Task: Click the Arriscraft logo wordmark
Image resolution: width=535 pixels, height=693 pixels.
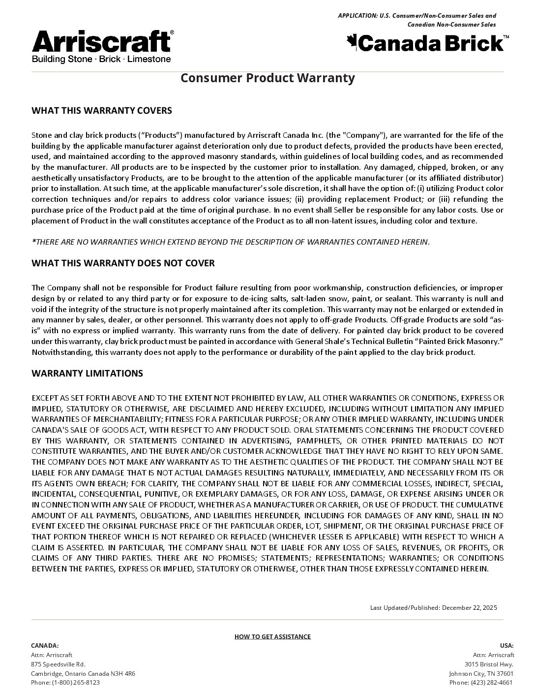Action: tap(102, 41)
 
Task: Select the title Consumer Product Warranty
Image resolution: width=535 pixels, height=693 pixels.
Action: tap(267, 78)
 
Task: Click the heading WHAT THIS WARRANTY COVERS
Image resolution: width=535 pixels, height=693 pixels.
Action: tap(102, 110)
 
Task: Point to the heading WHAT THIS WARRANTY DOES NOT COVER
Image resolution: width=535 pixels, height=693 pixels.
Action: tap(123, 263)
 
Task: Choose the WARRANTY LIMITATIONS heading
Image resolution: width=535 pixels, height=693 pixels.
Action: tap(87, 373)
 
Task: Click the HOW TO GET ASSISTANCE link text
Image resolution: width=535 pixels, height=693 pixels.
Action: tap(272, 636)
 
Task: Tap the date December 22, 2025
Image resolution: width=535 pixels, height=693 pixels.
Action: tap(469, 607)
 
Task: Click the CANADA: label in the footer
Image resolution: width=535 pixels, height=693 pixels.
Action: tap(45, 645)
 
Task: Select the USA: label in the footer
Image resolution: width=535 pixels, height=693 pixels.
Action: tap(506, 645)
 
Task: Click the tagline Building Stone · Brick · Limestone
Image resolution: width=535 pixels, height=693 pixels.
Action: tap(101, 59)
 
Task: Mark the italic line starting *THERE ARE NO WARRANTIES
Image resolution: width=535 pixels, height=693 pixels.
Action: tap(230, 242)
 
